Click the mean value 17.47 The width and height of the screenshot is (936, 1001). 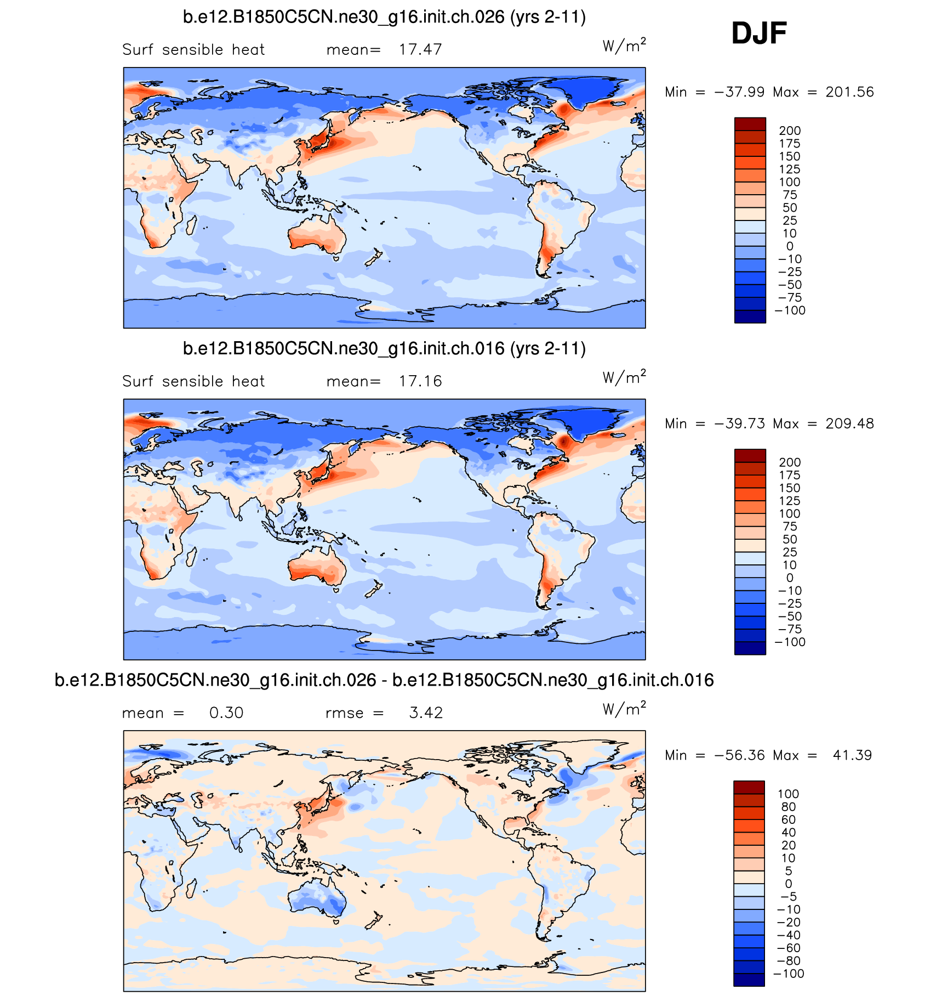pos(420,49)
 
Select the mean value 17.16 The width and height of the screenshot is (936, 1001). pos(420,381)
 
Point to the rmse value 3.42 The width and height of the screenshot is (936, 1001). pos(426,712)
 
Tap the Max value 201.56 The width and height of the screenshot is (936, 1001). pos(849,92)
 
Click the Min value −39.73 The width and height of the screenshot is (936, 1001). pos(739,423)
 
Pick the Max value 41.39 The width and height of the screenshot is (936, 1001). pos(852,755)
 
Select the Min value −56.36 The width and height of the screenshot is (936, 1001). pos(739,755)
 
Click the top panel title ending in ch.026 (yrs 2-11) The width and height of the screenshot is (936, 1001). pos(384,17)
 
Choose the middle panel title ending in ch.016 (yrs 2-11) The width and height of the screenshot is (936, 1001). pos(384,348)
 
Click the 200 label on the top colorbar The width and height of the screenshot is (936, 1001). pos(790,131)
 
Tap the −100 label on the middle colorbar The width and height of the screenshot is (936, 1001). pos(790,642)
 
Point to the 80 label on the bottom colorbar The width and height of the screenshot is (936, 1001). pos(789,807)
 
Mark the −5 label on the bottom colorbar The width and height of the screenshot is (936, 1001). pos(789,896)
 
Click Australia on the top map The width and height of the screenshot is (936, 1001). pos(317,236)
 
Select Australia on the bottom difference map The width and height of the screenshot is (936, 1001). pos(317,900)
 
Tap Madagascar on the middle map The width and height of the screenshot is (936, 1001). pos(191,557)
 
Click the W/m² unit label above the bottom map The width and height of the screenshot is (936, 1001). pos(624,709)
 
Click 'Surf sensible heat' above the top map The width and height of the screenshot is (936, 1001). pos(193,49)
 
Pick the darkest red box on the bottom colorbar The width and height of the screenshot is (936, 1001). pos(749,787)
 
